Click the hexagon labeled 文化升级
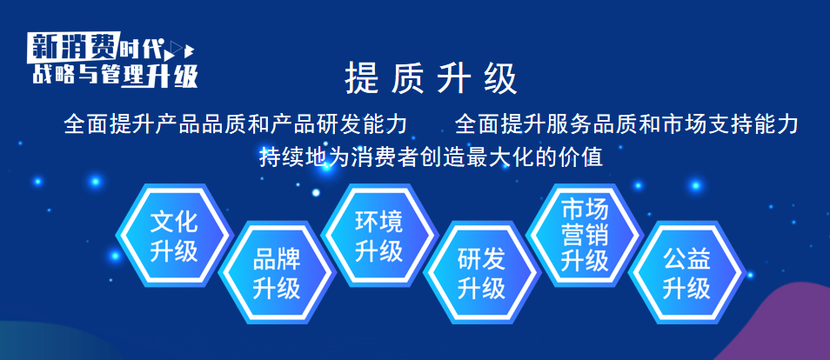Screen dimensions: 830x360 (x=174, y=236)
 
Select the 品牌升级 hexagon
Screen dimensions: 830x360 (x=277, y=273)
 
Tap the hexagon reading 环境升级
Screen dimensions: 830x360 (x=379, y=236)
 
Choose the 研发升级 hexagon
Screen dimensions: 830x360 (x=482, y=273)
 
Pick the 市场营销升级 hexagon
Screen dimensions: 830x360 (x=585, y=236)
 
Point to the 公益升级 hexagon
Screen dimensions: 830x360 (x=687, y=273)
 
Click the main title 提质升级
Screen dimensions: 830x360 (x=432, y=79)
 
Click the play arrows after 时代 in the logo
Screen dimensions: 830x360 (x=182, y=50)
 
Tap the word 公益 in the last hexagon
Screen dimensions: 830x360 (x=687, y=260)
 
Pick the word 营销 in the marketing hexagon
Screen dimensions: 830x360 (x=585, y=236)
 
